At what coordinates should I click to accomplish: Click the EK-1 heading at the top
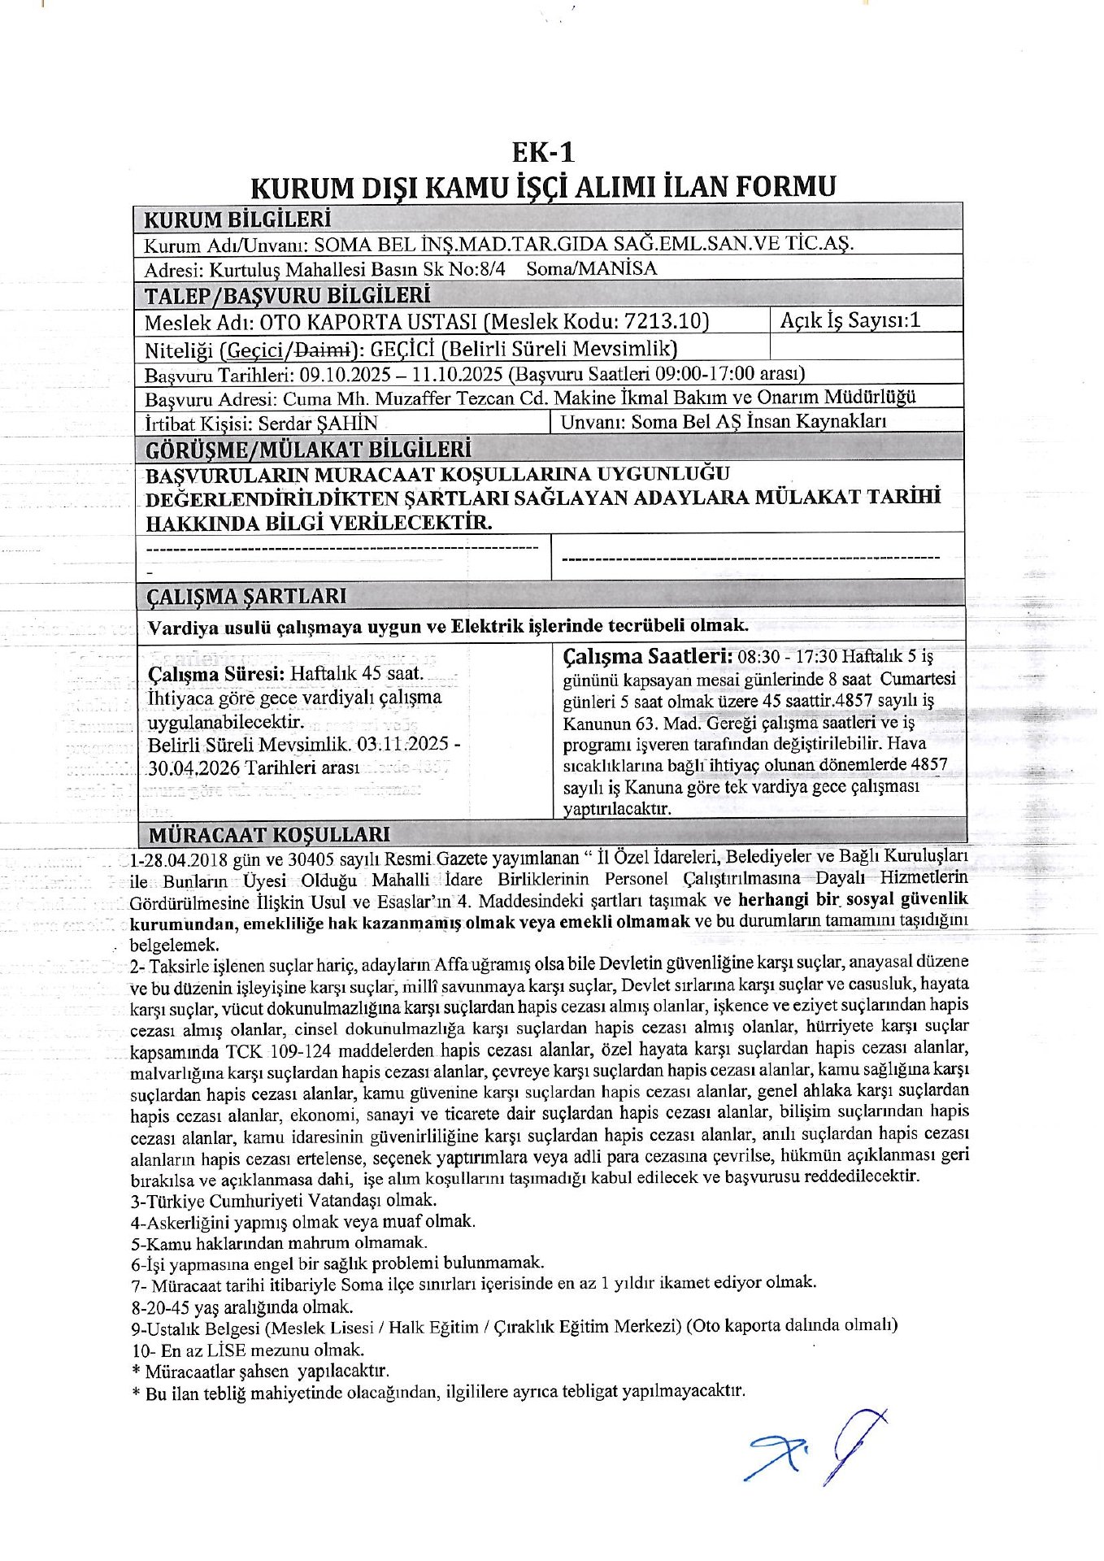543,152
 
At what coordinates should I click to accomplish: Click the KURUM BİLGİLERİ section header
237,220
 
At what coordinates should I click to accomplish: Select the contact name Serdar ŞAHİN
318,423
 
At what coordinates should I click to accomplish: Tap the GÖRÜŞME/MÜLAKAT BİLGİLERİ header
308,449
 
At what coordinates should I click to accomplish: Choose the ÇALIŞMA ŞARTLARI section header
246,596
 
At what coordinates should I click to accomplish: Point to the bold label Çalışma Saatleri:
648,655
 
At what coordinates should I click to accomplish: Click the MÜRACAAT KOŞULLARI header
268,834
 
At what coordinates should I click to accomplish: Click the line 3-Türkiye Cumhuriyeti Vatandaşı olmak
283,1200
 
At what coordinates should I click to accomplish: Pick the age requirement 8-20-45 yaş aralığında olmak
241,1307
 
